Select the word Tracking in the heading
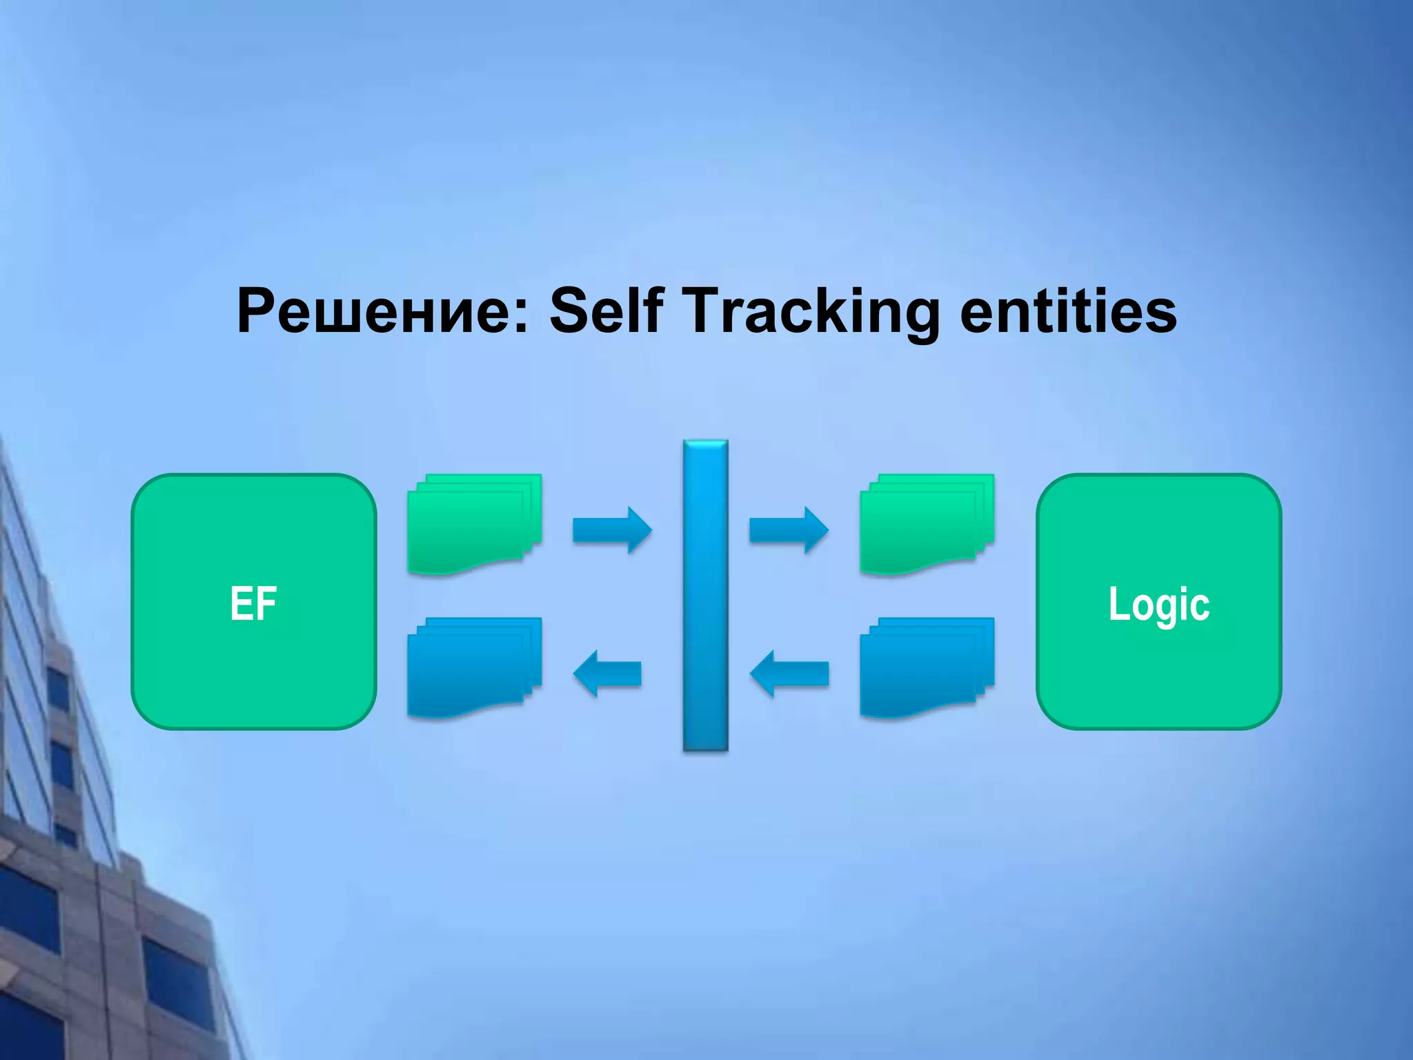click(811, 311)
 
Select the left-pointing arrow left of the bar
click(607, 674)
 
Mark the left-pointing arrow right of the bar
click(789, 674)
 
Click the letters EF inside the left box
click(254, 604)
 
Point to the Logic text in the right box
click(1158, 605)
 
